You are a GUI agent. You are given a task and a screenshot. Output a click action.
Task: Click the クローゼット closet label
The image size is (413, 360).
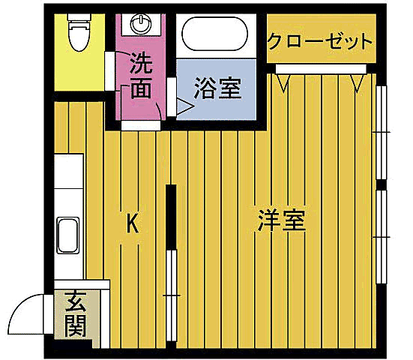click(x=320, y=40)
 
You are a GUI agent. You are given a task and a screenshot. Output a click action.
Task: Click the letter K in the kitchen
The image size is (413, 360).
click(x=132, y=223)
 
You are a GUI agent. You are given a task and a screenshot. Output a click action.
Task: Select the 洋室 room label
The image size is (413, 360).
click(x=281, y=220)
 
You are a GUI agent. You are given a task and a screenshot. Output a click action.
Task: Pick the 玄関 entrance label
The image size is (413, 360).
click(x=75, y=313)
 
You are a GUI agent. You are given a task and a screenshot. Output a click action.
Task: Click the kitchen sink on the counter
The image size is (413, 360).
click(x=68, y=235)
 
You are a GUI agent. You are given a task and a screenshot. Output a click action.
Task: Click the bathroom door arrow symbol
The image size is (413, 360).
click(x=184, y=108)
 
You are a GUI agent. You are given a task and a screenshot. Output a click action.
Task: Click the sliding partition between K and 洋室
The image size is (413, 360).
click(x=172, y=270)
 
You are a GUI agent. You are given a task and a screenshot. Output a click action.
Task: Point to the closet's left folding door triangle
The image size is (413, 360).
click(x=283, y=82)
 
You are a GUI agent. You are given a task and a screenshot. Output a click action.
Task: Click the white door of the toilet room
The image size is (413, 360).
click(x=109, y=68)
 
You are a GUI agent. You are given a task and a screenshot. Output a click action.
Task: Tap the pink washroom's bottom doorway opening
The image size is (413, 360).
click(x=140, y=125)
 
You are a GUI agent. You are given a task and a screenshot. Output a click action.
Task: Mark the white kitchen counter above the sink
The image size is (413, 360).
click(x=68, y=184)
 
